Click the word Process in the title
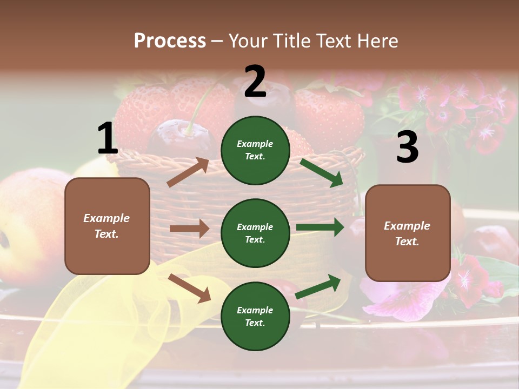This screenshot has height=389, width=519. click(x=170, y=41)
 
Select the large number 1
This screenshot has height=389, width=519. click(x=108, y=139)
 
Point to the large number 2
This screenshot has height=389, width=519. click(x=255, y=82)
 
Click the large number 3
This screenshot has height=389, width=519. click(x=407, y=147)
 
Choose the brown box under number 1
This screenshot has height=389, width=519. click(x=107, y=226)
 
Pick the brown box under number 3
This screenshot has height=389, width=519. click(x=408, y=233)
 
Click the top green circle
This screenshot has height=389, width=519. click(x=255, y=150)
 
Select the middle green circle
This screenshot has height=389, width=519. click(x=255, y=233)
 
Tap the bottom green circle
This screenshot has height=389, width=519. click(x=255, y=316)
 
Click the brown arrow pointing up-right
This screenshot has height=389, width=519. click(x=188, y=172)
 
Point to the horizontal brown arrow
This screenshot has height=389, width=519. click(x=189, y=229)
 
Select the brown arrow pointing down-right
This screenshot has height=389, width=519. click(x=189, y=287)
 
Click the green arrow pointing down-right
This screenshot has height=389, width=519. click(x=322, y=172)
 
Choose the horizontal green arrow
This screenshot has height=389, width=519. click(x=320, y=227)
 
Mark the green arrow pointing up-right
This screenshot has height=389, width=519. click(x=318, y=287)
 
